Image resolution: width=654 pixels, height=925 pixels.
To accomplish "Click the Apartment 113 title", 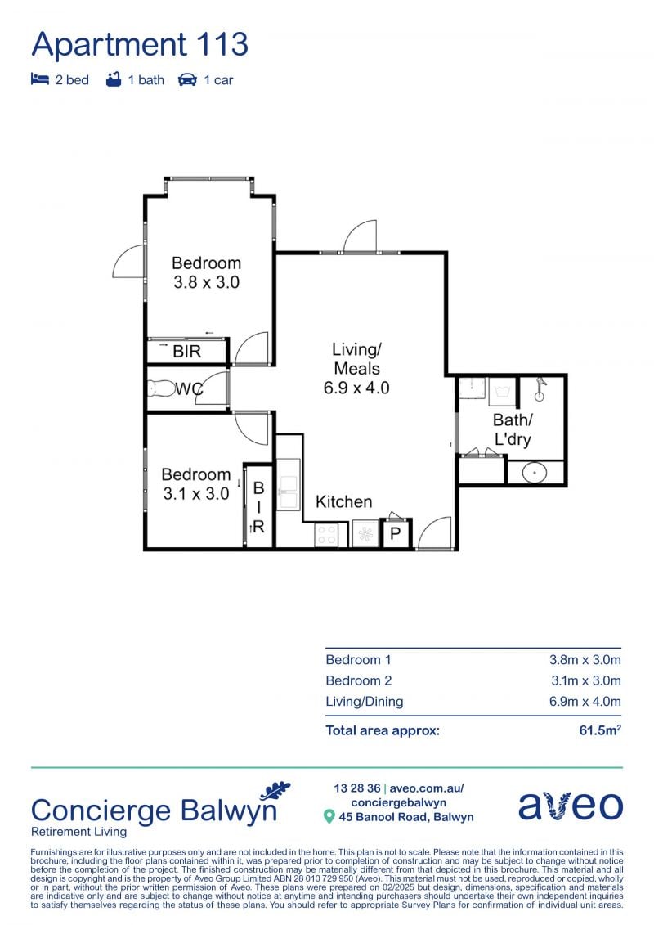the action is (x=140, y=44).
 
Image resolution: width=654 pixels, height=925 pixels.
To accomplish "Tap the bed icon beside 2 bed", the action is (x=39, y=79).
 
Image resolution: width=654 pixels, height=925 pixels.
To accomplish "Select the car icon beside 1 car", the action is (x=187, y=79).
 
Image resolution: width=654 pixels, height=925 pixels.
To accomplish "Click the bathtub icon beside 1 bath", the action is (x=114, y=79).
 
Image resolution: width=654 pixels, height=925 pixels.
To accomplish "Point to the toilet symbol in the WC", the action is (x=160, y=388).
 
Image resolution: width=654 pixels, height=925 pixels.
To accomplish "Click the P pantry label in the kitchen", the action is (x=395, y=534).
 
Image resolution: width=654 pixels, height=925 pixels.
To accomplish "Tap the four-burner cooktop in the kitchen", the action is (x=326, y=535).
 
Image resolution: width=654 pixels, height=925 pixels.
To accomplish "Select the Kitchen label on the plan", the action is (x=344, y=501).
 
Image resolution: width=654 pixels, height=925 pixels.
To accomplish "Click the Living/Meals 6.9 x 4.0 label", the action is (x=356, y=368).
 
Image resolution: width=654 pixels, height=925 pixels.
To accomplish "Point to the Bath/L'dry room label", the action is (x=513, y=429).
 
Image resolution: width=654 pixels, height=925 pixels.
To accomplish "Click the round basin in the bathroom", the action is (x=535, y=473).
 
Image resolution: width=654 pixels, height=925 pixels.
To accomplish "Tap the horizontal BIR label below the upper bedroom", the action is (x=187, y=352).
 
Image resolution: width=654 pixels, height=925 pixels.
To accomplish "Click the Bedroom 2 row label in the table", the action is (x=359, y=680).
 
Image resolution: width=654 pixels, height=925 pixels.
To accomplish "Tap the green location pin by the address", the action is (x=329, y=817).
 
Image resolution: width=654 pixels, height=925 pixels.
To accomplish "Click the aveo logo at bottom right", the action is (x=571, y=806).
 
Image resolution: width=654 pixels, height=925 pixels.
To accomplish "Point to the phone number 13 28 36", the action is (x=356, y=788).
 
